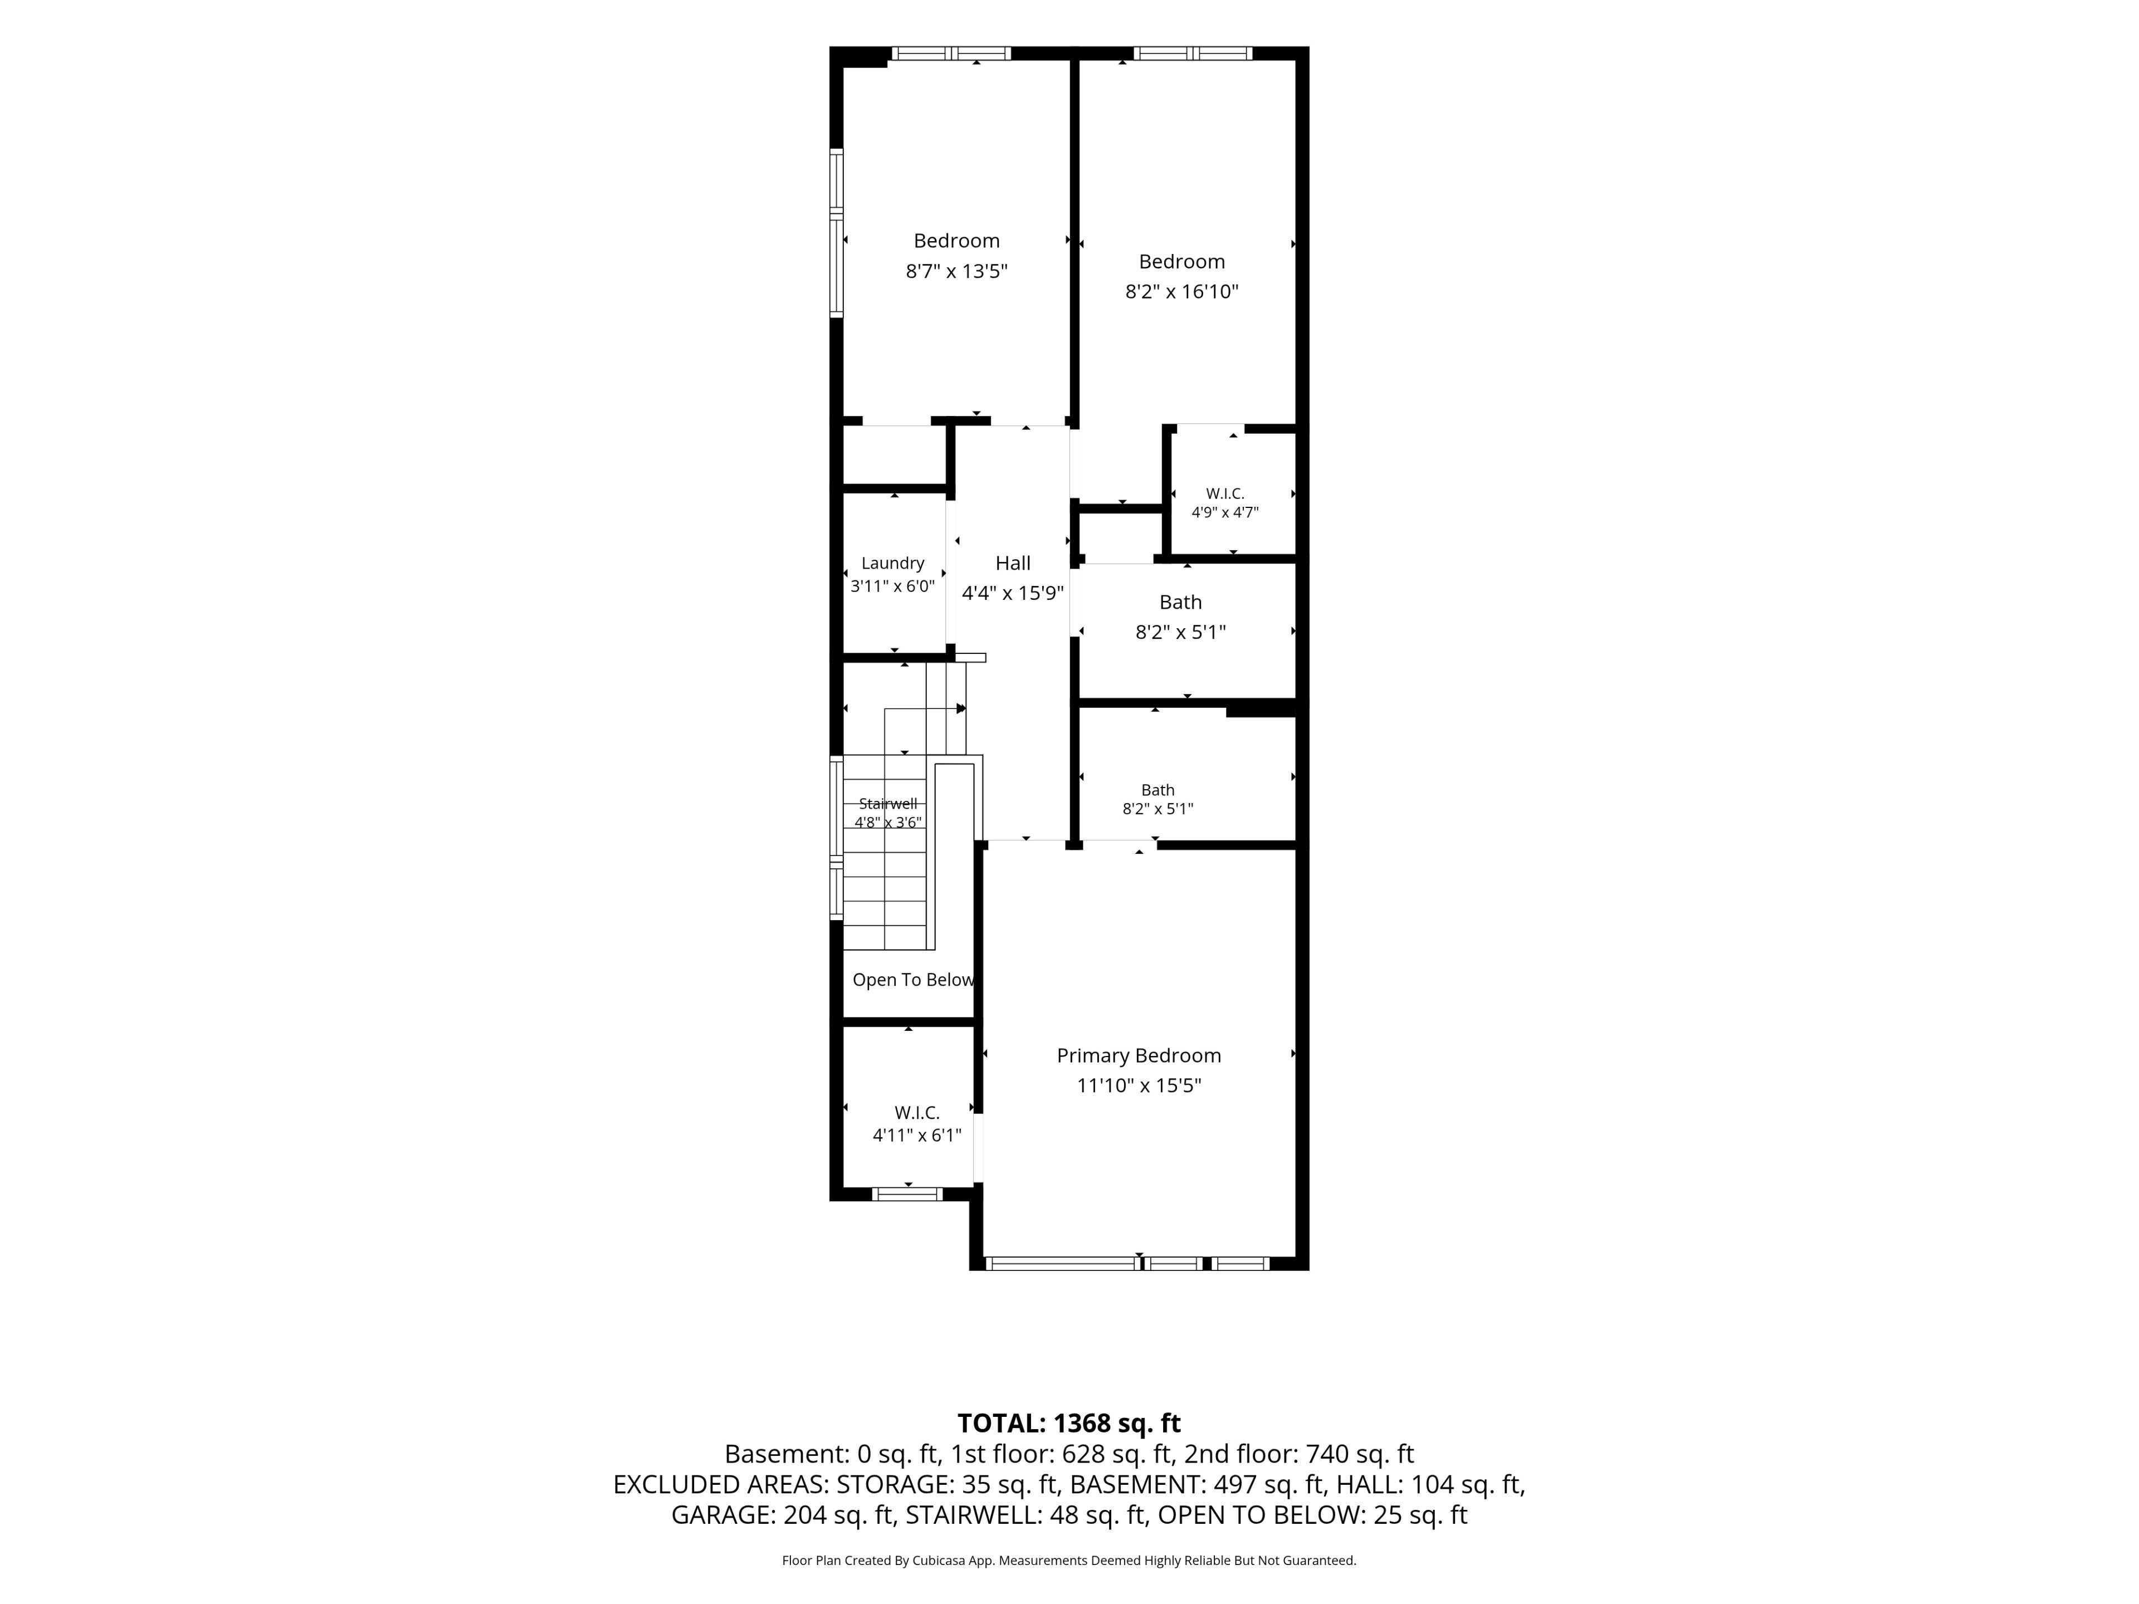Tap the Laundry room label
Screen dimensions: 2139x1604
[892, 564]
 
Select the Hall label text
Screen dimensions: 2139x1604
[1013, 563]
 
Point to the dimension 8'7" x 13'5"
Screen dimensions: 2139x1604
[956, 271]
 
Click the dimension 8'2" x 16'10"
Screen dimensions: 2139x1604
[1181, 292]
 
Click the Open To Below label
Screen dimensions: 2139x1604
[913, 980]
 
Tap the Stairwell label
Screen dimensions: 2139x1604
[888, 804]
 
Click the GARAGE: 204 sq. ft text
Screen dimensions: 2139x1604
[782, 1515]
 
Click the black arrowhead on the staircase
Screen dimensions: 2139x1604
[961, 708]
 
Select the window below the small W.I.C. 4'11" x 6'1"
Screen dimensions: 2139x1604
[907, 1194]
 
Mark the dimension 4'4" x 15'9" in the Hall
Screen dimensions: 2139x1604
[1013, 593]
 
